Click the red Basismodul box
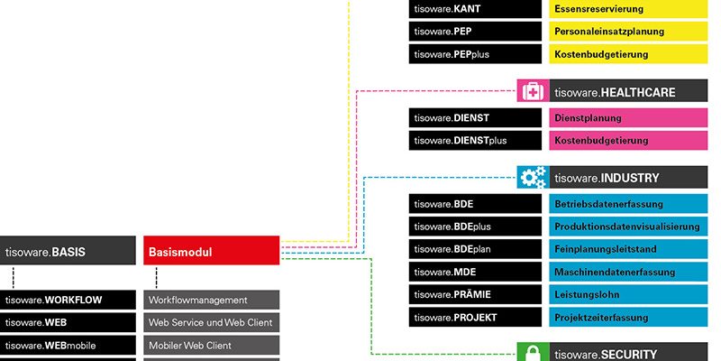click(x=212, y=251)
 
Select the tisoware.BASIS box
click(x=68, y=251)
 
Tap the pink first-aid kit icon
click(x=533, y=91)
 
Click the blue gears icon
click(x=533, y=177)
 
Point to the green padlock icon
click(x=533, y=352)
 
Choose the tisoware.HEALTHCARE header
click(x=628, y=91)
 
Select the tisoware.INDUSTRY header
click(x=628, y=177)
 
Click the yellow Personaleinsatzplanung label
click(x=628, y=32)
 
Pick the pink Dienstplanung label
click(x=628, y=118)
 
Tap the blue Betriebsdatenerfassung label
click(x=628, y=204)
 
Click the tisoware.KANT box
click(x=475, y=9)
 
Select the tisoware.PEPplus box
click(x=475, y=54)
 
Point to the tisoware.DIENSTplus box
click(x=475, y=141)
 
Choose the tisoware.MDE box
click(x=475, y=272)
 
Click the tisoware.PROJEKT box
click(x=475, y=318)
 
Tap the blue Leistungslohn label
click(x=628, y=294)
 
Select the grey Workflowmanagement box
click(x=212, y=300)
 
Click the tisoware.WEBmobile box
click(x=68, y=345)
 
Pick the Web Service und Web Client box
click(x=212, y=322)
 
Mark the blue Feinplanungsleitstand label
click(x=628, y=249)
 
